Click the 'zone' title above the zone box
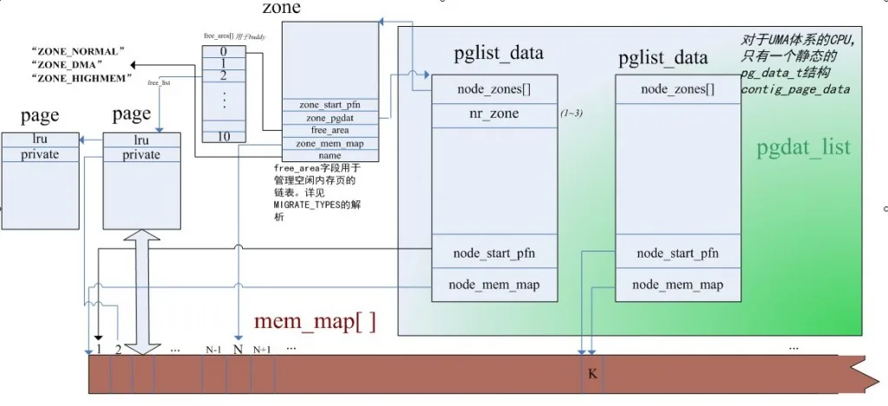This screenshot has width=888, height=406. pos(281,9)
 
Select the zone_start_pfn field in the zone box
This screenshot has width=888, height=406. pos(330,105)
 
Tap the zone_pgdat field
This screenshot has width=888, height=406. pos(330,117)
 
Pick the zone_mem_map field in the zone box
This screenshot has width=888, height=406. pos(330,142)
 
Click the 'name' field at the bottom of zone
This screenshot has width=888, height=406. pos(330,154)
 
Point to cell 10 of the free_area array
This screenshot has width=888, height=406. pos(223,136)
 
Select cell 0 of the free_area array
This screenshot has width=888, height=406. pos(223,51)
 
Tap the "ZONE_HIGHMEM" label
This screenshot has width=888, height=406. pos(80,78)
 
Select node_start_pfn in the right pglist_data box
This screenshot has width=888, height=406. pos(677,253)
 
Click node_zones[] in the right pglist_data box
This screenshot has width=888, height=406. pos(677,89)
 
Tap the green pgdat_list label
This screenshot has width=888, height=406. pos(803,147)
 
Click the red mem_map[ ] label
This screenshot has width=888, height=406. pos(315,322)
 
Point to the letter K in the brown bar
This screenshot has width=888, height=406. pos(592,375)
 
